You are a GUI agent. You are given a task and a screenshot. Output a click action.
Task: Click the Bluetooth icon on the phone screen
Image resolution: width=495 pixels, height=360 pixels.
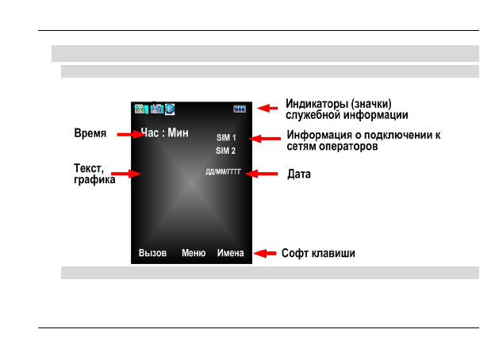(x=169, y=109)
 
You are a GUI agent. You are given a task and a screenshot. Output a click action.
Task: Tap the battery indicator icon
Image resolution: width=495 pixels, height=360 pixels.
(x=240, y=109)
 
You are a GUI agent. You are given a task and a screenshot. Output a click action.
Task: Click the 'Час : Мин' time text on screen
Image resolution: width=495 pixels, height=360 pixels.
(x=164, y=133)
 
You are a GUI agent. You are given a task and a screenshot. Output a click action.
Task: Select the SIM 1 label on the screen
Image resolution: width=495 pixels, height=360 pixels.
(x=226, y=138)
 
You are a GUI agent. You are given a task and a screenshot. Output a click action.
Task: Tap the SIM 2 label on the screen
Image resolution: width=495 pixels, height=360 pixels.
(x=226, y=151)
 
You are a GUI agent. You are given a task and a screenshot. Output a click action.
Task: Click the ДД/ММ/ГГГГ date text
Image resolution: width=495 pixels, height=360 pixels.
(x=223, y=173)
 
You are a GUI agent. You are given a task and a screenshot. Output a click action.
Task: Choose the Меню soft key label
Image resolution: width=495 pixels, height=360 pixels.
(x=194, y=254)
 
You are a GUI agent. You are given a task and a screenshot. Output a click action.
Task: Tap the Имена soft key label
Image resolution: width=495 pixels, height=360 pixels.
(x=231, y=254)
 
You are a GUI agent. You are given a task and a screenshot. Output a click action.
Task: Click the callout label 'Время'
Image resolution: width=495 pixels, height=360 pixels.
(x=90, y=134)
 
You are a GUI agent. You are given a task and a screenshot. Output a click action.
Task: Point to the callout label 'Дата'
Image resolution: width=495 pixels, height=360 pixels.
(x=299, y=173)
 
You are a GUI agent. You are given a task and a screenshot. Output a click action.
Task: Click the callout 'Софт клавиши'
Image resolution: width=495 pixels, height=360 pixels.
(x=318, y=254)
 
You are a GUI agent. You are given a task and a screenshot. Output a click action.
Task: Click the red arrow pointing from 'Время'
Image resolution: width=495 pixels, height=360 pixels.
(x=129, y=135)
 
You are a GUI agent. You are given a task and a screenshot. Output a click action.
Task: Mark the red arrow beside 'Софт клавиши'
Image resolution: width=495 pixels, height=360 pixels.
(x=266, y=254)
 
